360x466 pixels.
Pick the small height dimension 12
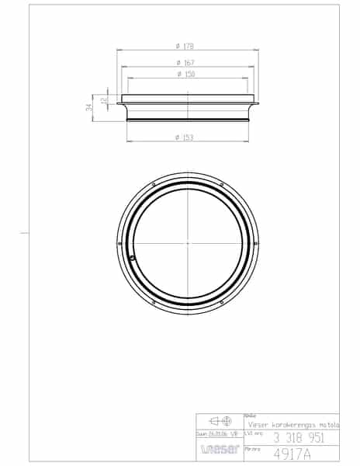coord(104,99)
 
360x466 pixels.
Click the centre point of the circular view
coord(188,243)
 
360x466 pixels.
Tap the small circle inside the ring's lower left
coord(133,258)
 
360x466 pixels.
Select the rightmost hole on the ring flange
coord(256,243)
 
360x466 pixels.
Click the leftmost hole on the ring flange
coord(119,243)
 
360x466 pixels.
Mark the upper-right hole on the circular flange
coord(222,184)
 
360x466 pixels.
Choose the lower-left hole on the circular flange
coord(154,302)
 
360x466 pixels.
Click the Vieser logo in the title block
coord(220,449)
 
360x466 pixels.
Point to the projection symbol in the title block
coord(220,421)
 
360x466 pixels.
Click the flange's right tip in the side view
coord(257,103)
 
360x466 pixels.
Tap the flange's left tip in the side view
coord(118,103)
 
